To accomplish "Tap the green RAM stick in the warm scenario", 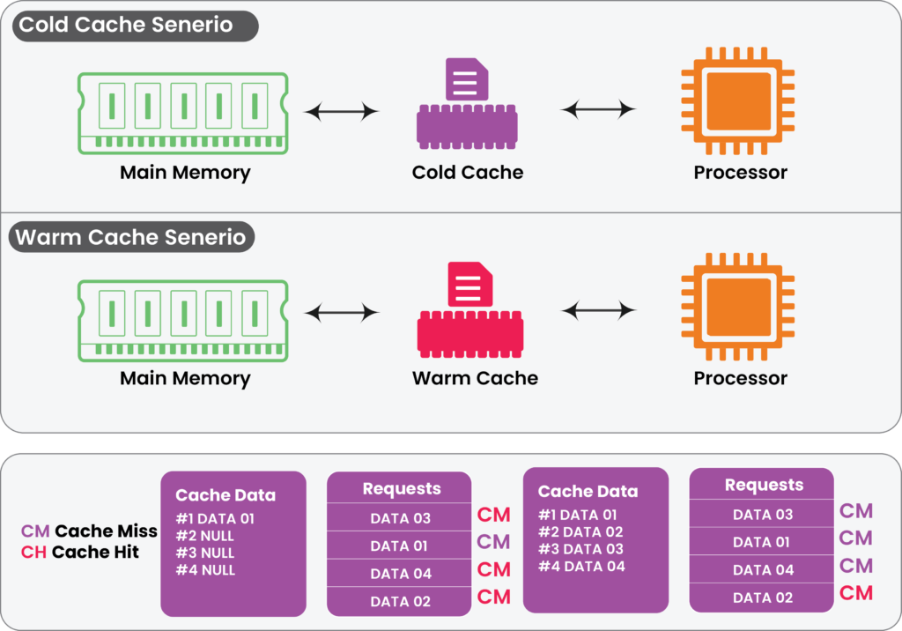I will pos(182,319).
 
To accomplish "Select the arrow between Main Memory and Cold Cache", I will pos(342,111).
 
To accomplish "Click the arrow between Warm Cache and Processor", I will pos(599,309).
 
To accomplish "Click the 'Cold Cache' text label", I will pos(468,173).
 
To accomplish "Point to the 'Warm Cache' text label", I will pos(475,379).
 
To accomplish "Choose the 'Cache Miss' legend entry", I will pos(89,531).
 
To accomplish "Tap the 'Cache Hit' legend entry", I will pos(80,553).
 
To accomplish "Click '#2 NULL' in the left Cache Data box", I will pos(205,536).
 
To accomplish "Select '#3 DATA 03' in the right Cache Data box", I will pos(581,549).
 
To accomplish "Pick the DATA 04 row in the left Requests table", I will pos(401,574).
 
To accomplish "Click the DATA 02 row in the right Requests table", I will pos(763,598).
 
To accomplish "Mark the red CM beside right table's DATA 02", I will pos(855,593).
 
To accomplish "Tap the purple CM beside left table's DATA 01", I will pos(493,542).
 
